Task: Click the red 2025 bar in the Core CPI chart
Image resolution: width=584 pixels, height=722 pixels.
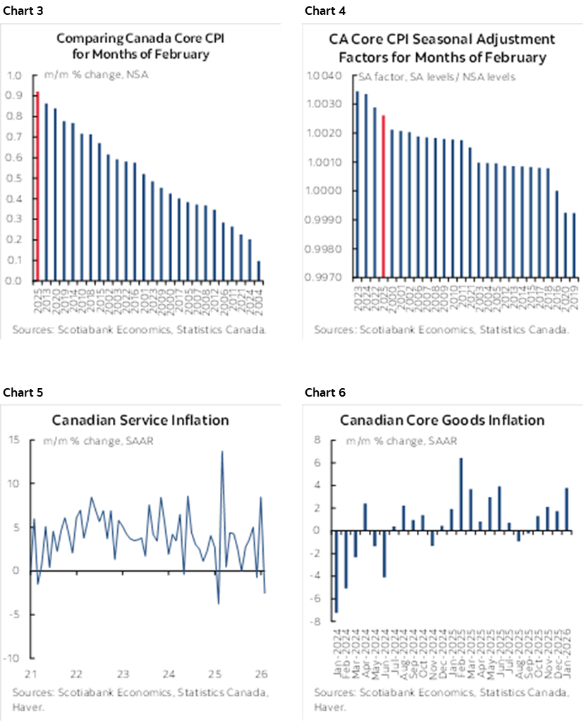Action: click(x=37, y=186)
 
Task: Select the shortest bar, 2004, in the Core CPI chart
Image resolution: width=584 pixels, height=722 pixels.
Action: click(x=259, y=271)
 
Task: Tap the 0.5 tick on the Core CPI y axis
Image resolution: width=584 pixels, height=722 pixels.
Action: click(x=15, y=178)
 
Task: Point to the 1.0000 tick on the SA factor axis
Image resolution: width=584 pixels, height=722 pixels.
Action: click(x=327, y=191)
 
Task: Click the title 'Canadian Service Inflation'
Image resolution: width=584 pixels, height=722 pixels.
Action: click(x=140, y=421)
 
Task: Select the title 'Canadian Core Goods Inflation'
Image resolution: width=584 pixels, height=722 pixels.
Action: click(x=442, y=421)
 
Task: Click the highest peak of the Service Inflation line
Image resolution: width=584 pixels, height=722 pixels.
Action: click(x=222, y=452)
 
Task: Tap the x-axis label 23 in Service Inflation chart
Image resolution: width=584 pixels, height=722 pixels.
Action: click(x=122, y=672)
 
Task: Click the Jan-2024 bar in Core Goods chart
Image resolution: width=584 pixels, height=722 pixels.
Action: click(x=337, y=571)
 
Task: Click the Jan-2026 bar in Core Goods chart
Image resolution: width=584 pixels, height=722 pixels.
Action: click(x=566, y=509)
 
